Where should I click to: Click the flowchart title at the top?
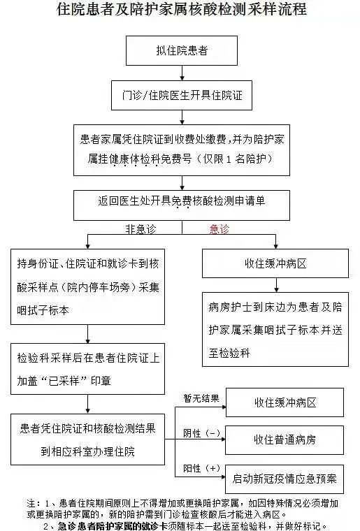click(182, 9)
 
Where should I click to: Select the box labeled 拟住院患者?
click(182, 50)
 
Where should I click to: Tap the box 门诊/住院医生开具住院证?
click(182, 95)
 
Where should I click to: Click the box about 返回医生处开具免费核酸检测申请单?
click(182, 205)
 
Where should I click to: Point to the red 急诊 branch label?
click(219, 229)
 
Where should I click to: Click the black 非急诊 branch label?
click(141, 229)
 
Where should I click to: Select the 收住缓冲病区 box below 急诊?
click(275, 263)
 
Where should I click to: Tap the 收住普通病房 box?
click(285, 440)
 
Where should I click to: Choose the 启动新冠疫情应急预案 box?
click(285, 479)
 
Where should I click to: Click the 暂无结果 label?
click(201, 398)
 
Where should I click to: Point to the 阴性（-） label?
click(202, 433)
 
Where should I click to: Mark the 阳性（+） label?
click(202, 468)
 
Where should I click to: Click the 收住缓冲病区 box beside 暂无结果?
click(285, 402)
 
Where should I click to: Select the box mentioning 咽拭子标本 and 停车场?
click(87, 287)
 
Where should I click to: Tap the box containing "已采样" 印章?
click(87, 369)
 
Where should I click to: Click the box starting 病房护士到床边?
click(275, 329)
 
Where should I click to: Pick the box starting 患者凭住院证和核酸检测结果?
click(87, 439)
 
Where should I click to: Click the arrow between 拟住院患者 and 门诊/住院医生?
click(182, 73)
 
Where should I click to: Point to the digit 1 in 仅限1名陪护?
click(229, 159)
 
